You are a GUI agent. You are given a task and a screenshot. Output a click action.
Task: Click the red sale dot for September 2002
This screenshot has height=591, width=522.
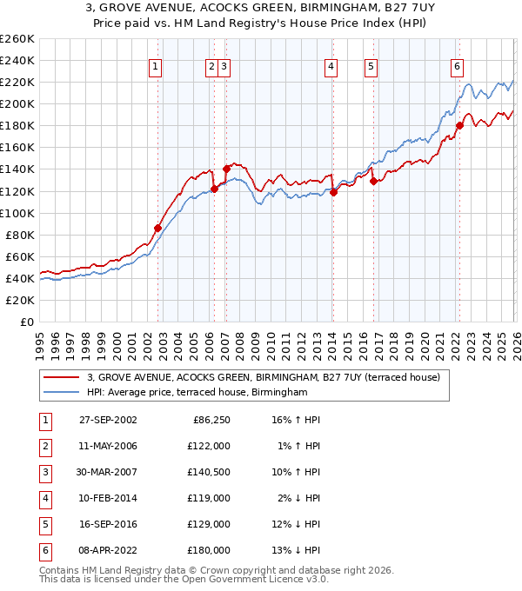157,228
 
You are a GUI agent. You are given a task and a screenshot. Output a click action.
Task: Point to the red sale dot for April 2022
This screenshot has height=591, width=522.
459,125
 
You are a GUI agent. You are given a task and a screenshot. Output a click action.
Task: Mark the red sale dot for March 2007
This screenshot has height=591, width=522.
226,168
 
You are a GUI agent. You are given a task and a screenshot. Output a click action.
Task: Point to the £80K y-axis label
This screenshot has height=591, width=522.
19,235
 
